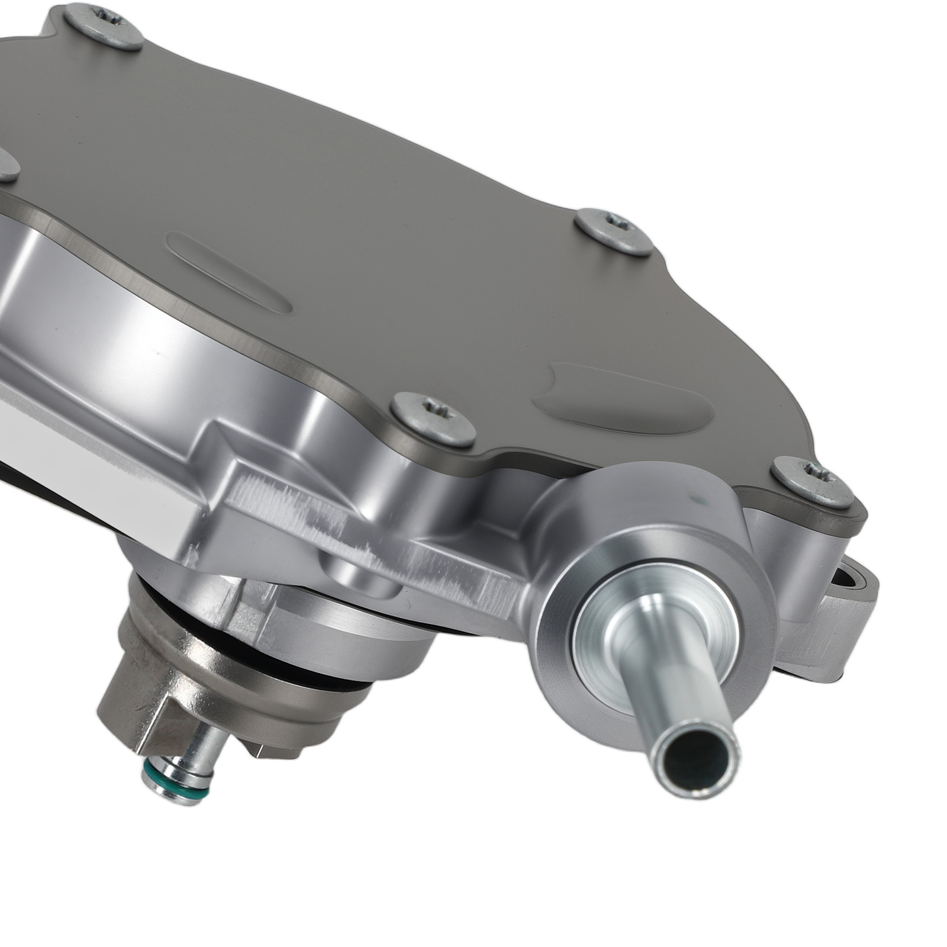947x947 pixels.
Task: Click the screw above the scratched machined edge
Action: (433, 419)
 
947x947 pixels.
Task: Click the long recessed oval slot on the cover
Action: (230, 273)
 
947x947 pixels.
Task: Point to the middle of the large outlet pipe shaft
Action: (675, 681)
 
